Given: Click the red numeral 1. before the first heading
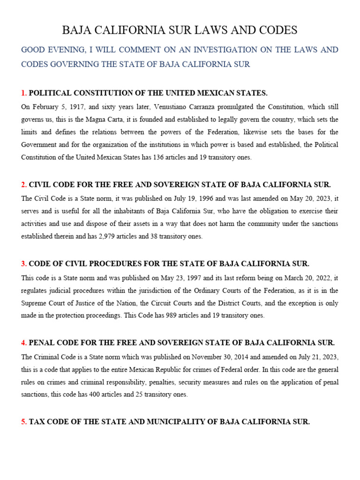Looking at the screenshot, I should (24, 93).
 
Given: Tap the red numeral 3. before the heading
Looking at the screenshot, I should (24, 264).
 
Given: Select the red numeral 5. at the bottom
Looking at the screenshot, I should (24, 422).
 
